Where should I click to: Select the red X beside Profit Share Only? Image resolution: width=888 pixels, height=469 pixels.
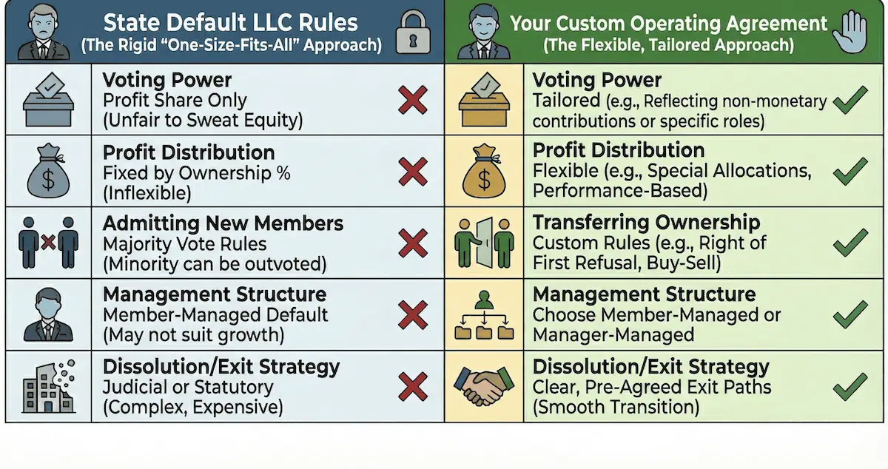tap(413, 100)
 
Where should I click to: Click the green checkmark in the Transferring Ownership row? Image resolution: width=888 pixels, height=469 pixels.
tap(850, 242)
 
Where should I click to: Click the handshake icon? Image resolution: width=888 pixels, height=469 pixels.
tap(484, 387)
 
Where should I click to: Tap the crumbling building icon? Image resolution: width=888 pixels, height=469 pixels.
tap(48, 387)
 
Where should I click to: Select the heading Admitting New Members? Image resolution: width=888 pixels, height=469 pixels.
tap(223, 223)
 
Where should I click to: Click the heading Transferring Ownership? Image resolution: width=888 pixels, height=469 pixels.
tap(646, 223)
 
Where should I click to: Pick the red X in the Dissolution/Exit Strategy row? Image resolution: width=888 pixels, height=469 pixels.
tap(413, 386)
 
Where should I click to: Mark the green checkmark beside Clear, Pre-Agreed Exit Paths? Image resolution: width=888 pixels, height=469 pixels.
tap(850, 386)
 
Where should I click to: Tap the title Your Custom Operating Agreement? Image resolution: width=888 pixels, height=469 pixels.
tap(668, 23)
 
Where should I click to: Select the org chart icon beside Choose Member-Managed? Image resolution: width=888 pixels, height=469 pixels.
tap(484, 315)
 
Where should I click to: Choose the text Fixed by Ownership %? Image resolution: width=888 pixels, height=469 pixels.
tap(196, 174)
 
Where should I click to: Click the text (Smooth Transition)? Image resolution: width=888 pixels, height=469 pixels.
tap(616, 406)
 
